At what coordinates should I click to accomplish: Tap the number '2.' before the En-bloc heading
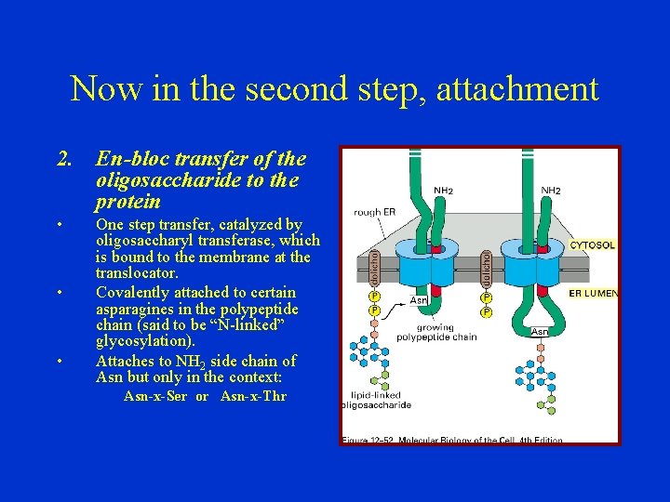(65, 159)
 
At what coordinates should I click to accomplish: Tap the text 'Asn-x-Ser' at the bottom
(155, 396)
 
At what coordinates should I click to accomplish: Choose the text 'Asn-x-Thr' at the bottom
(253, 396)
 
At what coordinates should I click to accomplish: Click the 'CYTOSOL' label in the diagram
(593, 245)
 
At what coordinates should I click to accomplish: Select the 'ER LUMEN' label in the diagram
(594, 294)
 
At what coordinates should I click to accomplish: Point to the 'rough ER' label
(374, 212)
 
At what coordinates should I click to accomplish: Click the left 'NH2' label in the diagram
(444, 191)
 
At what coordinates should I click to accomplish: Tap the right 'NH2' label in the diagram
(551, 191)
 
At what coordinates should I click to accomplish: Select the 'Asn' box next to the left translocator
(419, 300)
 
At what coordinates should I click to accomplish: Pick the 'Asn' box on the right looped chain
(539, 331)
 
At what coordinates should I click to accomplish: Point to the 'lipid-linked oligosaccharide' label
(376, 400)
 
